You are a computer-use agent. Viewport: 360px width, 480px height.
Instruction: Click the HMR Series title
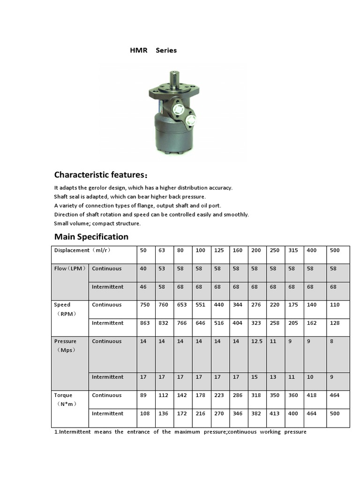pos(153,50)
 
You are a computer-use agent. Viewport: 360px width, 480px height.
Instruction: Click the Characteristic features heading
pos(101,175)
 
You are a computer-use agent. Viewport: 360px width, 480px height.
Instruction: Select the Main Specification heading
pos(91,236)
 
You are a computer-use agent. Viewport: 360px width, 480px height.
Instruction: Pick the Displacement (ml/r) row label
pos(82,250)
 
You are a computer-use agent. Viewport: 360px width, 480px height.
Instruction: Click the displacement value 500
pos(335,250)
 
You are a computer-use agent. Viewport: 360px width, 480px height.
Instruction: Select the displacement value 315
pos(293,250)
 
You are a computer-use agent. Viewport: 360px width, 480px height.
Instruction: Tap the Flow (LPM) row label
pos(69,269)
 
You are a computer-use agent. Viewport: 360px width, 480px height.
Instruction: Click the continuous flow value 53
pos(162,269)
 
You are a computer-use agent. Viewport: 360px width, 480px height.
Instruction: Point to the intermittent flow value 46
pos(143,287)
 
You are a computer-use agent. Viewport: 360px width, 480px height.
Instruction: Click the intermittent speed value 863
pos(145,323)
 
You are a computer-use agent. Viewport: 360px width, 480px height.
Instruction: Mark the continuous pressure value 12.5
pos(257,341)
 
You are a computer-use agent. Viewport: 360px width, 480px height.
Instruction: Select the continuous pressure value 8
pos(331,341)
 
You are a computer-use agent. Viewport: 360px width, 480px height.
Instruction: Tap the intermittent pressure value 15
pos(255,377)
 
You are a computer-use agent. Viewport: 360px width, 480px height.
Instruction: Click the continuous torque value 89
pos(143,395)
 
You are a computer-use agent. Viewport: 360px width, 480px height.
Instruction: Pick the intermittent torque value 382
pos(256,413)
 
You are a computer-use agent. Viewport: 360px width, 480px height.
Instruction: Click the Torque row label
pos(63,395)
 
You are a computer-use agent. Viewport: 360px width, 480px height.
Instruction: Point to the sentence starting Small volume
pos(97,223)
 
